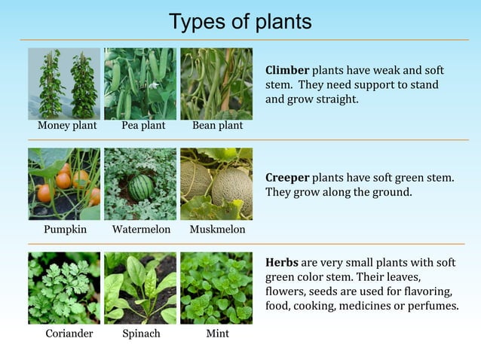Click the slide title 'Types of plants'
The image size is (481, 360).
(240, 22)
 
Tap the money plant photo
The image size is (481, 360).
(64, 84)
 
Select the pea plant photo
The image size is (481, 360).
(140, 84)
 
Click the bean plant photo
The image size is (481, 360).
(216, 84)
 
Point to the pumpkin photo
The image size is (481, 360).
(64, 184)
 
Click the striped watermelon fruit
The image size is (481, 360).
(140, 188)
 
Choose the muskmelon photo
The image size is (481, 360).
(216, 184)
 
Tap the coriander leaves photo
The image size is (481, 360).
(64, 288)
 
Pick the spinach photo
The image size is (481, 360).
(140, 288)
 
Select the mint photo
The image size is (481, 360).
(216, 288)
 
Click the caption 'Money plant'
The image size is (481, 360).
(67, 126)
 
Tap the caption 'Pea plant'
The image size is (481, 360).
(143, 126)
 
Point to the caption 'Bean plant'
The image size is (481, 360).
(217, 126)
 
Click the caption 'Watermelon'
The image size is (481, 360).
(141, 229)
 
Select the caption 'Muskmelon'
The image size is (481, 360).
(217, 229)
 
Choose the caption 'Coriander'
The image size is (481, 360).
(69, 333)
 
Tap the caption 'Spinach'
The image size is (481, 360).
(141, 333)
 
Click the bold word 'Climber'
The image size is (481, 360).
(287, 70)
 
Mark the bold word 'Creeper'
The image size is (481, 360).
(287, 178)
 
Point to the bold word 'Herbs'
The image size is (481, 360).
(282, 263)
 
